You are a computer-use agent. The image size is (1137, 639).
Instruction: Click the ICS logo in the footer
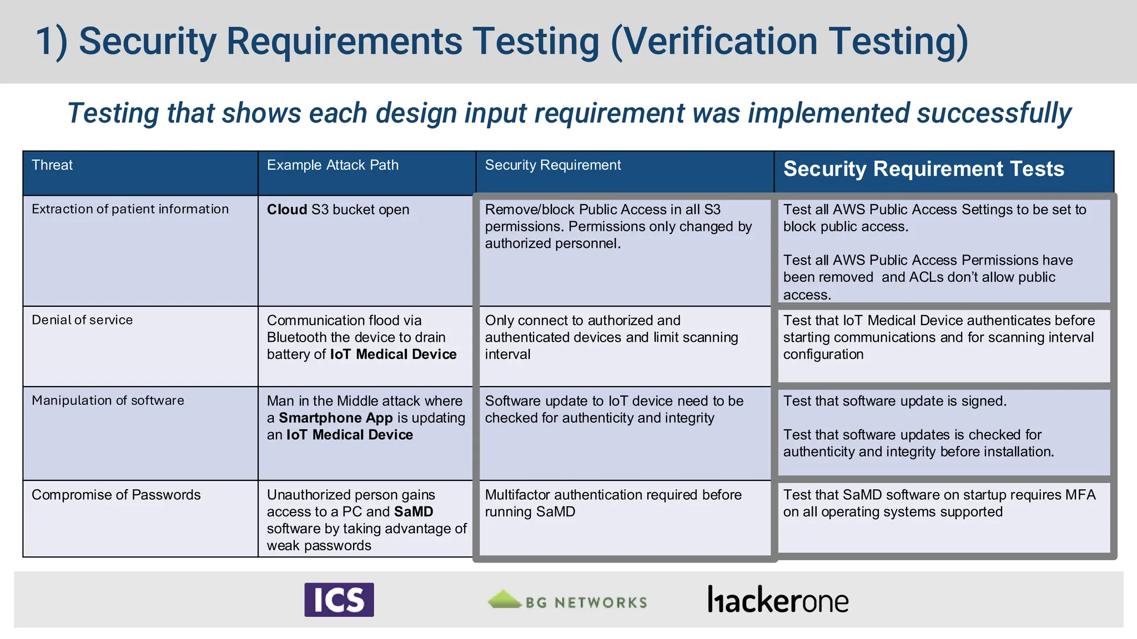(339, 600)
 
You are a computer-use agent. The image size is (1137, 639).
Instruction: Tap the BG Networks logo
(567, 601)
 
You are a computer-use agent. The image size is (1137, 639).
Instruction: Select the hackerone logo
(778, 600)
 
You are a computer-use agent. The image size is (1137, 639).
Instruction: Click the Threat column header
(52, 165)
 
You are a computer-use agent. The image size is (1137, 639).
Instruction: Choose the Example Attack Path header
(333, 165)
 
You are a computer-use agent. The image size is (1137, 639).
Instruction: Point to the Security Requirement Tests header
(923, 169)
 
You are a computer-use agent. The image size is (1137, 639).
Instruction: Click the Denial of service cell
(82, 320)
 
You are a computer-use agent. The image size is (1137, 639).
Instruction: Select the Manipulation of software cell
(108, 400)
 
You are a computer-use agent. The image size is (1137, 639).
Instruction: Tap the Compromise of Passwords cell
(116, 495)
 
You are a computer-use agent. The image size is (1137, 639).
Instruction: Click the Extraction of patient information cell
(130, 209)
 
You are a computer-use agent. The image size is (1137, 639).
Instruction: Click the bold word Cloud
(286, 210)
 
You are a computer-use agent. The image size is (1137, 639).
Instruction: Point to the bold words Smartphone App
(335, 418)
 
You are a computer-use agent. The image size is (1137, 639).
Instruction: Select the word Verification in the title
(713, 42)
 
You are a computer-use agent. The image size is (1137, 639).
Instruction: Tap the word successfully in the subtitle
(994, 113)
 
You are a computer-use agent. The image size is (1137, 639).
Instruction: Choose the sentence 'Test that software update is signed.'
(894, 401)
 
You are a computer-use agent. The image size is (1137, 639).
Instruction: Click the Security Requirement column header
(553, 165)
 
